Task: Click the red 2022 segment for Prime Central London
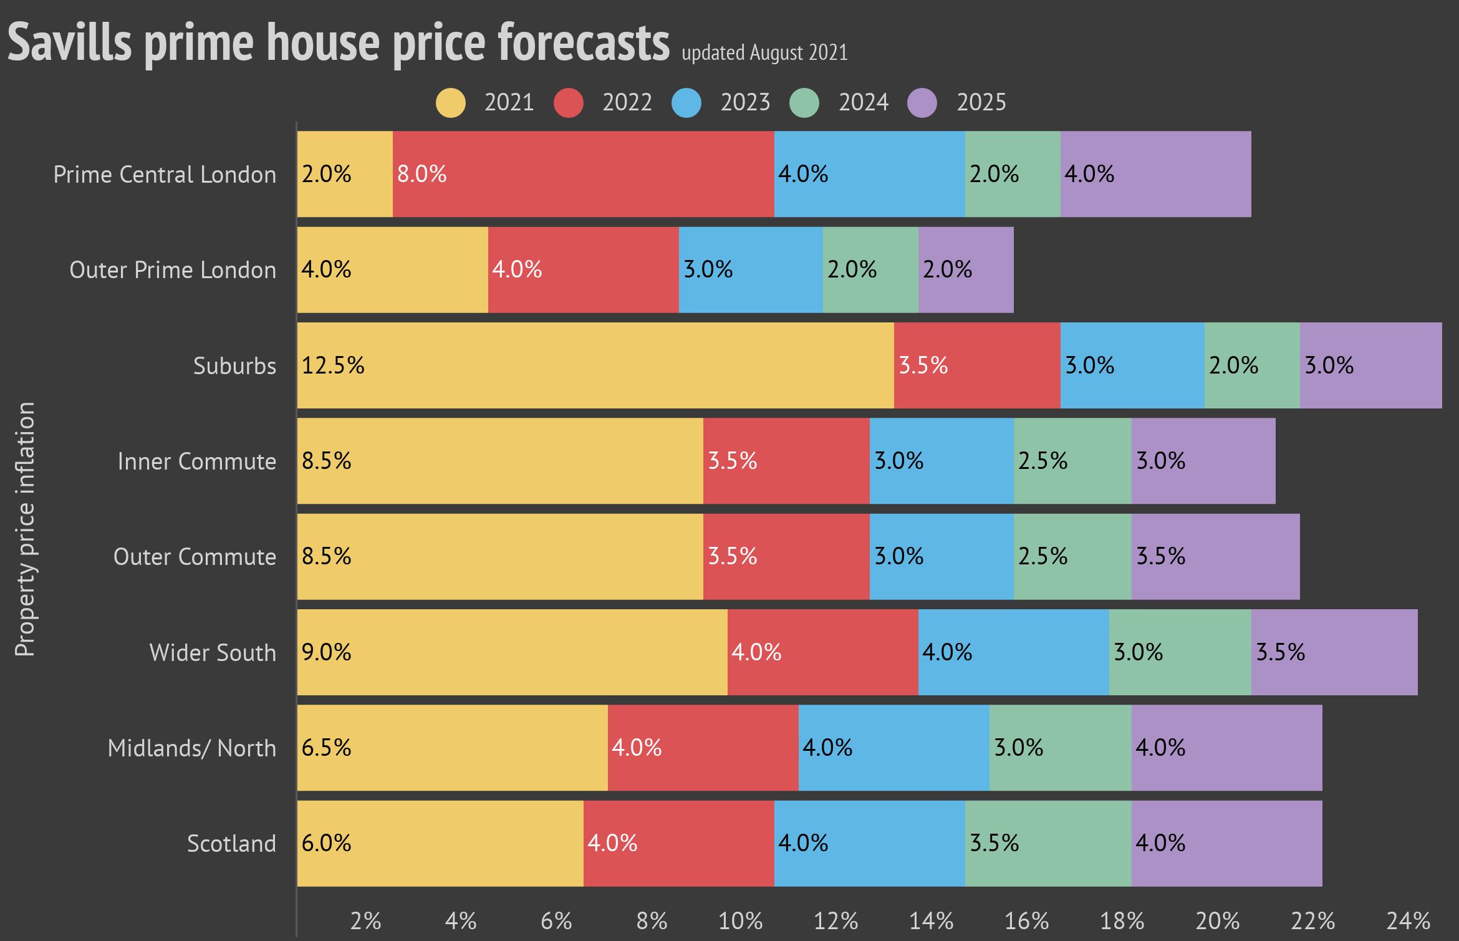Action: click(583, 174)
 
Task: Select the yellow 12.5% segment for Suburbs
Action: click(595, 365)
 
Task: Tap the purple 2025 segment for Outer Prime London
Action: click(965, 269)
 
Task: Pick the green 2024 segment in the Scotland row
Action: click(1047, 843)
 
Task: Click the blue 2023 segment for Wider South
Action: click(1013, 652)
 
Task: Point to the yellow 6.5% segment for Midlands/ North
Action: click(452, 748)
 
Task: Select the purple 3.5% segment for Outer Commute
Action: click(1215, 556)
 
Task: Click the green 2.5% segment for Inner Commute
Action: click(1072, 461)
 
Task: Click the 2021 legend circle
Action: click(450, 103)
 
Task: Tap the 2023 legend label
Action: click(745, 102)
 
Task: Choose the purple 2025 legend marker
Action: click(922, 103)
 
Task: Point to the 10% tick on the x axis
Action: click(740, 921)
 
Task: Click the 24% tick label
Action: click(1408, 921)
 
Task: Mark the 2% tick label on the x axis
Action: click(365, 921)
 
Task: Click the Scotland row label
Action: click(231, 843)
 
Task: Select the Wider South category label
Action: click(213, 652)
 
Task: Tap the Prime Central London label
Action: click(165, 175)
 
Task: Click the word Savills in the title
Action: click(70, 42)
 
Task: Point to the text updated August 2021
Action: click(764, 52)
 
